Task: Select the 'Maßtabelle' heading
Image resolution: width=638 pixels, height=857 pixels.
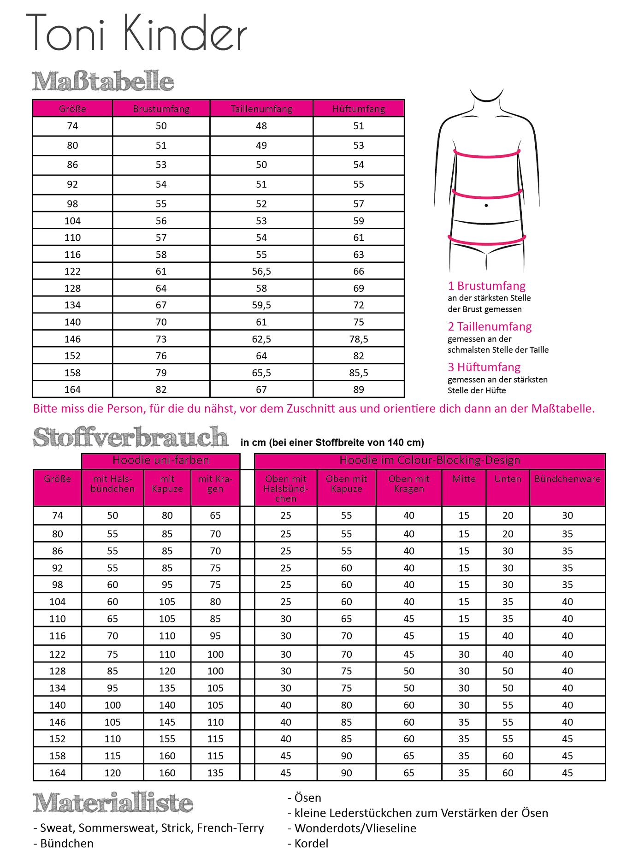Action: pyautogui.click(x=103, y=81)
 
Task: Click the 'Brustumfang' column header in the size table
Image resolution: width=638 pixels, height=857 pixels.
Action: pyautogui.click(x=161, y=109)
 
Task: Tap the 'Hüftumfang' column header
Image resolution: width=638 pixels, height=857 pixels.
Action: pyautogui.click(x=359, y=109)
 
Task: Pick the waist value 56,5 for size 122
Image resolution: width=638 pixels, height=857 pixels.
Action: pyautogui.click(x=261, y=272)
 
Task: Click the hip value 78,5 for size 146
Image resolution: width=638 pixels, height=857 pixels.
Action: pyautogui.click(x=359, y=339)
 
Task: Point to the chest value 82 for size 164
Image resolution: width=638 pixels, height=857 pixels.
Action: pyautogui.click(x=161, y=390)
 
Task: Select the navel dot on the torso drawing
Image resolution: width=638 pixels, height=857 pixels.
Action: pyautogui.click(x=486, y=206)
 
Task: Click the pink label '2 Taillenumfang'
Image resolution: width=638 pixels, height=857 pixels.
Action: pyautogui.click(x=490, y=327)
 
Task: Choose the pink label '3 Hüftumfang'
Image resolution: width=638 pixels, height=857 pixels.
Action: pyautogui.click(x=484, y=367)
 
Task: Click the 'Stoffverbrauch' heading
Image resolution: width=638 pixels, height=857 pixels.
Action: pyautogui.click(x=130, y=437)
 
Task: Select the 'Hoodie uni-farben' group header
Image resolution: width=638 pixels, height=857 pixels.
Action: pyautogui.click(x=161, y=461)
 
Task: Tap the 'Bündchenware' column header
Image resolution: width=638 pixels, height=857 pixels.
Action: pyautogui.click(x=567, y=479)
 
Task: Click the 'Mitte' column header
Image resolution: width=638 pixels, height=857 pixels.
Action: pyautogui.click(x=464, y=479)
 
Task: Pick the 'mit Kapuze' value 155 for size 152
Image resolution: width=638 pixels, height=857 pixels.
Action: pyautogui.click(x=167, y=739)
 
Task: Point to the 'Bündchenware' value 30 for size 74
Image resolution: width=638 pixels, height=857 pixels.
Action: pyautogui.click(x=567, y=516)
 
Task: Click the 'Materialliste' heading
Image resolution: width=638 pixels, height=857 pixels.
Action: pyautogui.click(x=113, y=803)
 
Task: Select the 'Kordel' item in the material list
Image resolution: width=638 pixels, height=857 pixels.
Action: pyautogui.click(x=311, y=843)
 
